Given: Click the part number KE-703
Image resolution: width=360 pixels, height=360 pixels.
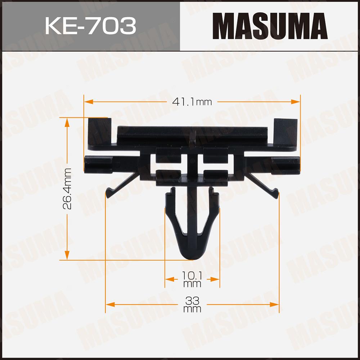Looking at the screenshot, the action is pos(90,26).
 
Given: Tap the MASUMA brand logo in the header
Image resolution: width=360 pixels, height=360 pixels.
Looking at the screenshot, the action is pos(270,26).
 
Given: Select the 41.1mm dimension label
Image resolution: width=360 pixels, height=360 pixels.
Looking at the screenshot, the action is pos(192,102).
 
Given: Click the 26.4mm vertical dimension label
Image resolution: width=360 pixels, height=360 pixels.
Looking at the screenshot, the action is pos(67,188).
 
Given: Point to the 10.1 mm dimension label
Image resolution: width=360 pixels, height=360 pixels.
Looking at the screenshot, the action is pos(192,279).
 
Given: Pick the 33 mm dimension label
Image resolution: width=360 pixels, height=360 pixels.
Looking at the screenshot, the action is pos(192,305).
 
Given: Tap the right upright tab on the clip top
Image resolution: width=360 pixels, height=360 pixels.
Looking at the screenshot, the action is pos(285,132).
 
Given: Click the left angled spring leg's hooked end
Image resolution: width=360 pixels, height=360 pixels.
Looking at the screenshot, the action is pos(109,191).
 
